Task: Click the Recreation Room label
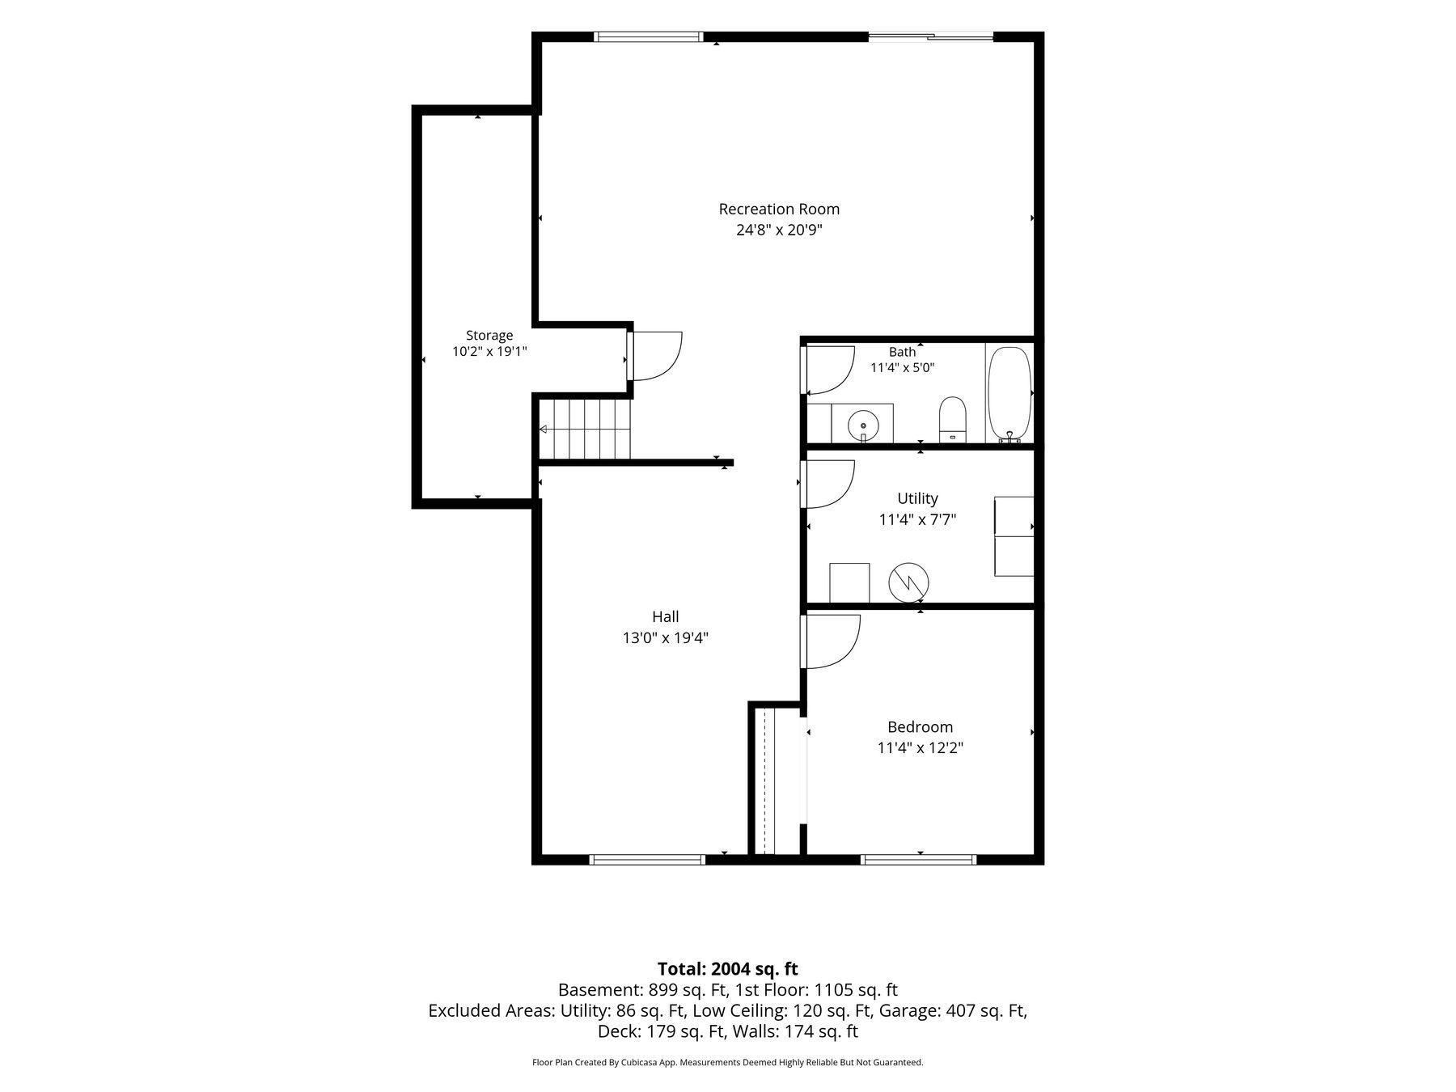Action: (x=779, y=209)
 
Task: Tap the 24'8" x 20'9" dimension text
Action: (x=779, y=230)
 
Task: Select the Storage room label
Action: (x=489, y=335)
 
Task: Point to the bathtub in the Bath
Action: (x=1009, y=395)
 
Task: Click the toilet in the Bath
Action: (x=953, y=420)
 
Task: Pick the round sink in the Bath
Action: (x=863, y=425)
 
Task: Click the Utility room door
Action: (x=828, y=485)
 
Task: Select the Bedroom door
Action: (x=831, y=641)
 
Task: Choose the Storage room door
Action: (x=656, y=356)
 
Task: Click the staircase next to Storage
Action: (x=584, y=430)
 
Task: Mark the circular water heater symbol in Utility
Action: (x=908, y=582)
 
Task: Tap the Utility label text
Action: (x=917, y=498)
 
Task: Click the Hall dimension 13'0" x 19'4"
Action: (x=665, y=637)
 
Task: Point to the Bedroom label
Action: (x=920, y=727)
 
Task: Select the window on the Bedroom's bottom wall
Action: (x=919, y=859)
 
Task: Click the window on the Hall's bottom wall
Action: (x=647, y=859)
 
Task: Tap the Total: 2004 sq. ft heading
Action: (x=727, y=969)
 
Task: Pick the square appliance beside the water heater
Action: (x=849, y=583)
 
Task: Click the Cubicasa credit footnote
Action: (x=727, y=1063)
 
